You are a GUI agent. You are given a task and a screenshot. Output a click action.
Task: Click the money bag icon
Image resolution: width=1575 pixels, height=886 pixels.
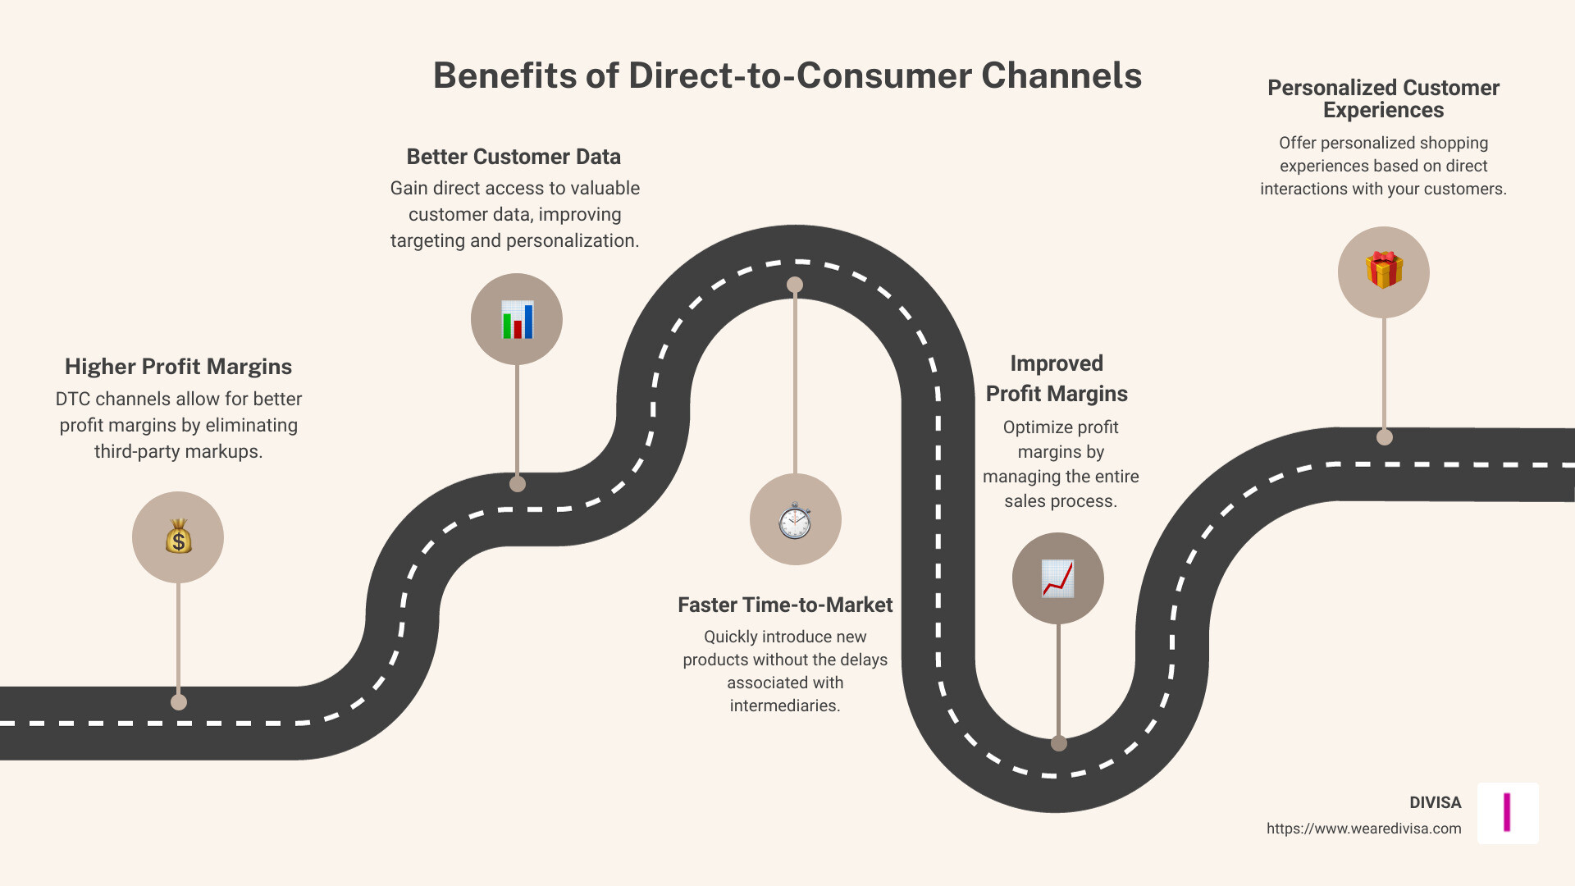point(178,537)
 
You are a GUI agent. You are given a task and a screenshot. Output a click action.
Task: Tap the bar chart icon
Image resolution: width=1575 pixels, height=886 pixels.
point(517,319)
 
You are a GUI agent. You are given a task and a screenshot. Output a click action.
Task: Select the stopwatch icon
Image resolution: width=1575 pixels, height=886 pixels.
point(795,520)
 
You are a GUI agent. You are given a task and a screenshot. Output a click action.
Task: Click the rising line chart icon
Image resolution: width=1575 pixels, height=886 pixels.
point(1057,578)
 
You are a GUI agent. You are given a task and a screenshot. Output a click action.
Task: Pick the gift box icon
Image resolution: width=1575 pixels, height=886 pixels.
point(1384,271)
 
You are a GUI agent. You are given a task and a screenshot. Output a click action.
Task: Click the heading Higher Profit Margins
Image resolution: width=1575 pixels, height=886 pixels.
point(178,367)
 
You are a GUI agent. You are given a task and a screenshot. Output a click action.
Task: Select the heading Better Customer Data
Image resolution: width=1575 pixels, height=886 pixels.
point(514,157)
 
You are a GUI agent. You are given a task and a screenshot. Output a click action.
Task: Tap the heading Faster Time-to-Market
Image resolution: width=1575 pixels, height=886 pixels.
point(784,605)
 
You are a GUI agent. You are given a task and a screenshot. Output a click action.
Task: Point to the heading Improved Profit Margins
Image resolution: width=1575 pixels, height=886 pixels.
point(1057,378)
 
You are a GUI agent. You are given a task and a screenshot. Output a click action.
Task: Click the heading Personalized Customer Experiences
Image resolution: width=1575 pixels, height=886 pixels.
point(1383,98)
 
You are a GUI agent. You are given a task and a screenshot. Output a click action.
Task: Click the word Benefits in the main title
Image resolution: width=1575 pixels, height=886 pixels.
point(504,75)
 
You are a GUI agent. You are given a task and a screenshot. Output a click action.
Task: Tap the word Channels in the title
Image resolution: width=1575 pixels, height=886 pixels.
point(1061,75)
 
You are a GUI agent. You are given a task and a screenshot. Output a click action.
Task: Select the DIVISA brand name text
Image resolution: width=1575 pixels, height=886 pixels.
point(1435,803)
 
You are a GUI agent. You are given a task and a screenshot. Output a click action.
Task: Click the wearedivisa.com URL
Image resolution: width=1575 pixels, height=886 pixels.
point(1363,829)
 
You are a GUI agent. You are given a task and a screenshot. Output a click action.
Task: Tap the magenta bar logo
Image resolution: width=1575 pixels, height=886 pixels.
point(1507,812)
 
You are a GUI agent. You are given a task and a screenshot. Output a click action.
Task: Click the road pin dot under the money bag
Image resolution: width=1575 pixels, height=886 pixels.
point(179,702)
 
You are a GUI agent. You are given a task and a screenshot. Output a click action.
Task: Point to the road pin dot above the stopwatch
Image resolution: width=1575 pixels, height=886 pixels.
point(795,285)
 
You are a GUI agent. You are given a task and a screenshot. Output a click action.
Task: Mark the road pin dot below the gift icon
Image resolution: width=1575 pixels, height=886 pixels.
point(1385,437)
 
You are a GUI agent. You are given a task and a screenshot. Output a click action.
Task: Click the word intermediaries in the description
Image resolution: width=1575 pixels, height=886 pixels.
point(784,706)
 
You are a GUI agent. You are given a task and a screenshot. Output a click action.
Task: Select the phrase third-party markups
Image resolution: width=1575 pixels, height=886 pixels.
point(178,452)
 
